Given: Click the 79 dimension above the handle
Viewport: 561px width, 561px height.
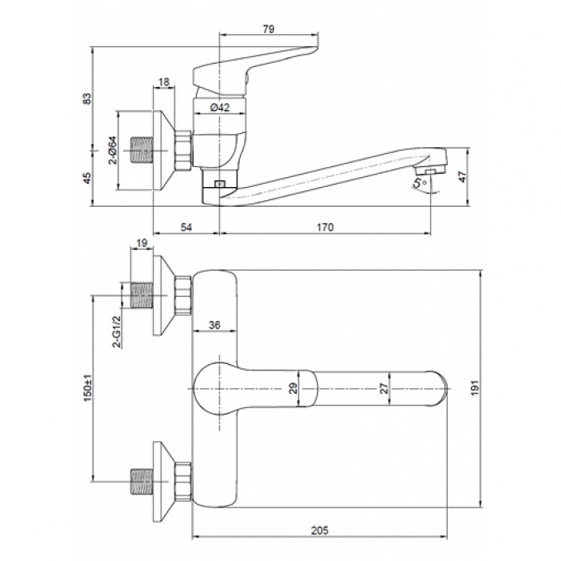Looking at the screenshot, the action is coord(268,29).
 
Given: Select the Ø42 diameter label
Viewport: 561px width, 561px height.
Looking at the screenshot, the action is coord(219,107).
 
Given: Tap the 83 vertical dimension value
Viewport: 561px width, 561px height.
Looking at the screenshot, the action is coord(87,98).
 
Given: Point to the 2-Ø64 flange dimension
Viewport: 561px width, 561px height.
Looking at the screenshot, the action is coord(113,150).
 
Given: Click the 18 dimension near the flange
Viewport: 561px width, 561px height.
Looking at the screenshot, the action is coord(164,82).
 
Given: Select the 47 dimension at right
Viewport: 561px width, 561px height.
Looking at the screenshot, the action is coord(463,177).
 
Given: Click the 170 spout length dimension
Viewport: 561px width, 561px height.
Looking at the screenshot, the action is coord(325,228).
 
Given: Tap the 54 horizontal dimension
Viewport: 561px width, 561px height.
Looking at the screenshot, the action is coord(186,228).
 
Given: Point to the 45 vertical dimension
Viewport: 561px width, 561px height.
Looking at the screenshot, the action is coord(87,178).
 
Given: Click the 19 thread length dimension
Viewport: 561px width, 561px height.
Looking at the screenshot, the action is coord(141,243).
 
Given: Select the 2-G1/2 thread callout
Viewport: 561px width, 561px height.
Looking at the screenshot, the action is coord(117,331).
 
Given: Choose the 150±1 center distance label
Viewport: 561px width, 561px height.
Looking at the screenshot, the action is coord(88,388).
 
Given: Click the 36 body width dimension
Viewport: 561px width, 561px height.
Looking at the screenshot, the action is coord(214,325).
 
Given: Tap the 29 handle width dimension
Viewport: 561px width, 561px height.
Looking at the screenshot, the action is coord(293,388).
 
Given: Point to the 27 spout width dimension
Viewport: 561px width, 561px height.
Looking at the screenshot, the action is coord(384,388).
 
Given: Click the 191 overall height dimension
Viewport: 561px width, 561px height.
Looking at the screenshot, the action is coord(474,388).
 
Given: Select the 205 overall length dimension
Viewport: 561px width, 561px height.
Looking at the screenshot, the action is coord(319,530).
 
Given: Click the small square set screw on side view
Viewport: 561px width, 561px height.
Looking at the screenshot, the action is coord(220,184).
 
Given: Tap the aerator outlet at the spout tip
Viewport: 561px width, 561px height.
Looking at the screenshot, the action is coord(429,172).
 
